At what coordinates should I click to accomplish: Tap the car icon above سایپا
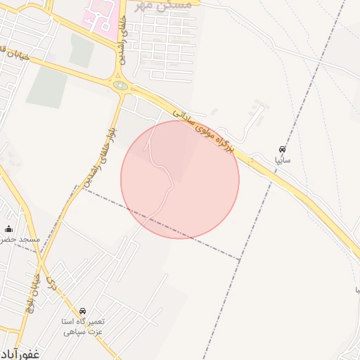tap(282, 150)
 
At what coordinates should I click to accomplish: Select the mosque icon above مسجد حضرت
tap(9, 229)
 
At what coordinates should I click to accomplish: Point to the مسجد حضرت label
tap(20, 240)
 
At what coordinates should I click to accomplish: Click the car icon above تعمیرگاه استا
tap(83, 311)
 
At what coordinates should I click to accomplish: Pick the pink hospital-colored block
tap(101, 17)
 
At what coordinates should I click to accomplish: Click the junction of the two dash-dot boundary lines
tap(240, 261)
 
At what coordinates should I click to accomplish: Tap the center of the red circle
tap(180, 179)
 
